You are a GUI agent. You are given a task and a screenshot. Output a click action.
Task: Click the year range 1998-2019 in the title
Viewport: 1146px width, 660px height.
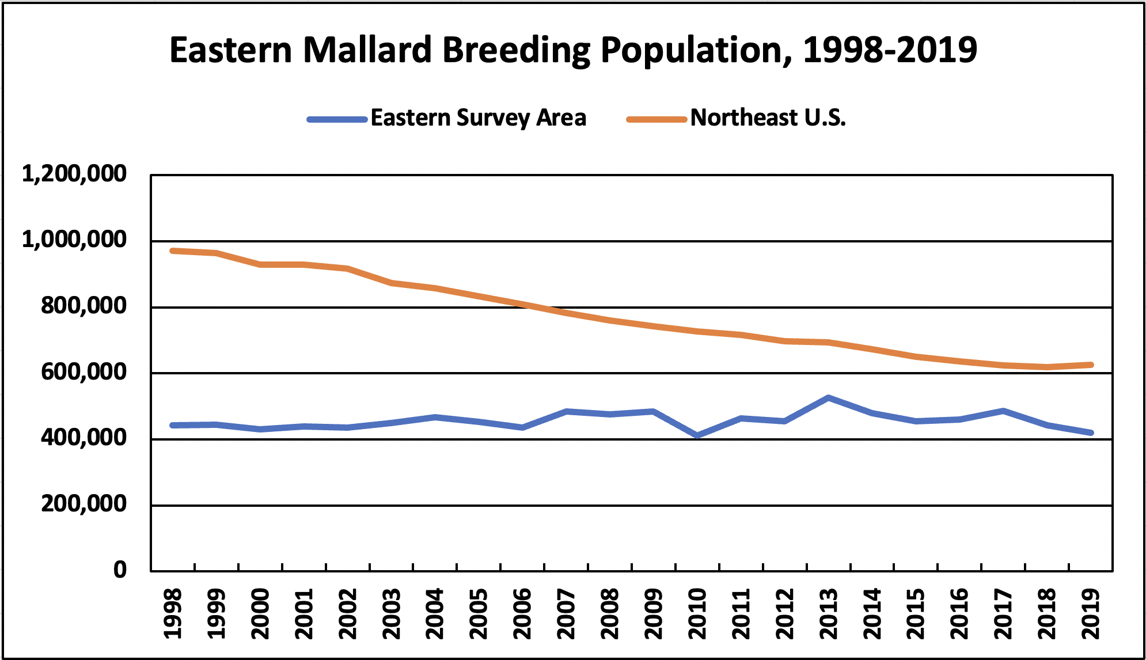tap(890, 50)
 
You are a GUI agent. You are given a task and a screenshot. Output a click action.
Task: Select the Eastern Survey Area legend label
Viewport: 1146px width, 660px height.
tap(478, 118)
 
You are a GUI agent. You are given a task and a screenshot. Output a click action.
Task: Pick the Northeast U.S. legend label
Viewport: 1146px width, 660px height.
tap(768, 118)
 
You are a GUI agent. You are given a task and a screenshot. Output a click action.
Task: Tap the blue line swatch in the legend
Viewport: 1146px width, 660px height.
tap(337, 120)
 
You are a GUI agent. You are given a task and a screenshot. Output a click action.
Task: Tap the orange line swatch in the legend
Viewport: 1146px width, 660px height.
tap(657, 120)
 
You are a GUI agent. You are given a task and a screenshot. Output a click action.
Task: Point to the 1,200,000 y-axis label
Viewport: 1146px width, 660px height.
tap(74, 173)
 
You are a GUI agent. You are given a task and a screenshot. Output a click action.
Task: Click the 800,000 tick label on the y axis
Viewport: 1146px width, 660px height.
tap(83, 306)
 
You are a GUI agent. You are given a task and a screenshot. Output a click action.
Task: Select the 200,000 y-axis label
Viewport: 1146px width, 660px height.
tap(83, 504)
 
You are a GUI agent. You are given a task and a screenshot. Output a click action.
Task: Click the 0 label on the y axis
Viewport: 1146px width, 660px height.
tap(120, 570)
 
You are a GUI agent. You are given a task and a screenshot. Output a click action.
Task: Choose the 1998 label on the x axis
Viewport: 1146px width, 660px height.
tap(173, 614)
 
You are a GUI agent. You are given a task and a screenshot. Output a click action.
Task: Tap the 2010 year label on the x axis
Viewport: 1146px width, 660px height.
tap(697, 614)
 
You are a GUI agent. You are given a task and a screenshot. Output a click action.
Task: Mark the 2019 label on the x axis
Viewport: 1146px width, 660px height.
tap(1091, 614)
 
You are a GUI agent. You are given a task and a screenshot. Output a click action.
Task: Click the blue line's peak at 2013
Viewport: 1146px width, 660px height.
tap(828, 397)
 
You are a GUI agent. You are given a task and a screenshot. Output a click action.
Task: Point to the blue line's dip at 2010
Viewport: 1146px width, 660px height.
tap(697, 436)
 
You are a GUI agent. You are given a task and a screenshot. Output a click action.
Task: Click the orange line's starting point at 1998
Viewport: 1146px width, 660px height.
tap(173, 251)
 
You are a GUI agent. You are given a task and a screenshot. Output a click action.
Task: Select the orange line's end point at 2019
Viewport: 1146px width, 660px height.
tap(1091, 365)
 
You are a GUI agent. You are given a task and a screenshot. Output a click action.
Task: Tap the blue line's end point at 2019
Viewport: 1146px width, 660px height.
tap(1091, 433)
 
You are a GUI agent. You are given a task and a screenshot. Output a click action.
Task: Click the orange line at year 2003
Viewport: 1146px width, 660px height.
tap(391, 283)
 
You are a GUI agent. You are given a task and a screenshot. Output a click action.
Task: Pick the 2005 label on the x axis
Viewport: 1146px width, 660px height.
tap(479, 614)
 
